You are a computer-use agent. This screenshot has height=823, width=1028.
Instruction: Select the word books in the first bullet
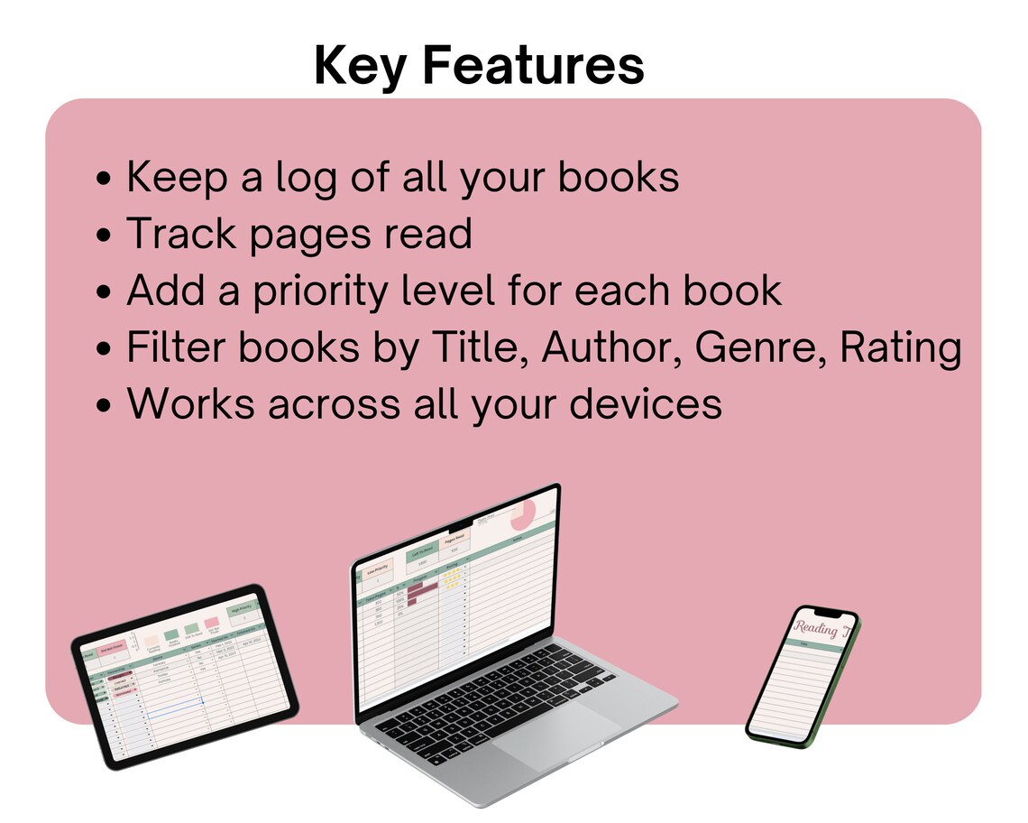[619, 177]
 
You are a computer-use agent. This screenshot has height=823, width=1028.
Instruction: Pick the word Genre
[759, 347]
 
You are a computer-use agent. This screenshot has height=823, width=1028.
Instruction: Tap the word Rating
[901, 347]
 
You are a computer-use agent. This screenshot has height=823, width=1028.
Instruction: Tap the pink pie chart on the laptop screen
[523, 516]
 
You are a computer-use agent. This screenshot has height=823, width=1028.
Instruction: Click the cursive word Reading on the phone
[815, 629]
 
